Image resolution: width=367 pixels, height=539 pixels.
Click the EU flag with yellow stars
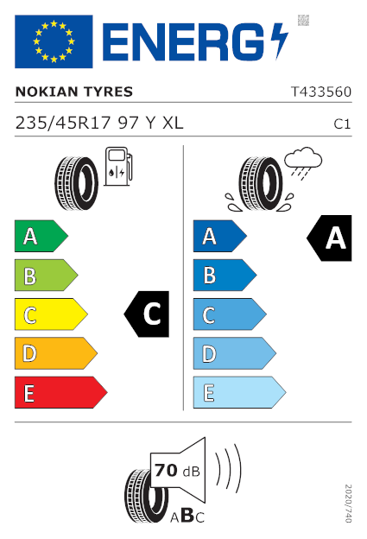pyautogui.click(x=54, y=41)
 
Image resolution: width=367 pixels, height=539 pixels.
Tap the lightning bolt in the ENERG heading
pyautogui.click(x=279, y=41)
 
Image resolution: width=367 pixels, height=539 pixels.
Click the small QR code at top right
pyautogui.click(x=303, y=20)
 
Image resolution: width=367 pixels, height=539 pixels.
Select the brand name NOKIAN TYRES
pyautogui.click(x=74, y=92)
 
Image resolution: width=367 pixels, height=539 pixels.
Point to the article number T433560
pyautogui.click(x=321, y=92)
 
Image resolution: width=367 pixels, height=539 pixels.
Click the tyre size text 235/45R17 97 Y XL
pyautogui.click(x=99, y=123)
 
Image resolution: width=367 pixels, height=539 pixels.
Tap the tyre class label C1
pyautogui.click(x=342, y=124)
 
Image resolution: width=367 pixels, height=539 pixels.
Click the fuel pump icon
pyautogui.click(x=118, y=167)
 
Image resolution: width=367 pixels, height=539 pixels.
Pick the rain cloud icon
pyautogui.click(x=303, y=163)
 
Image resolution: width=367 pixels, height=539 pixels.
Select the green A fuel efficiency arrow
pyautogui.click(x=41, y=236)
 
